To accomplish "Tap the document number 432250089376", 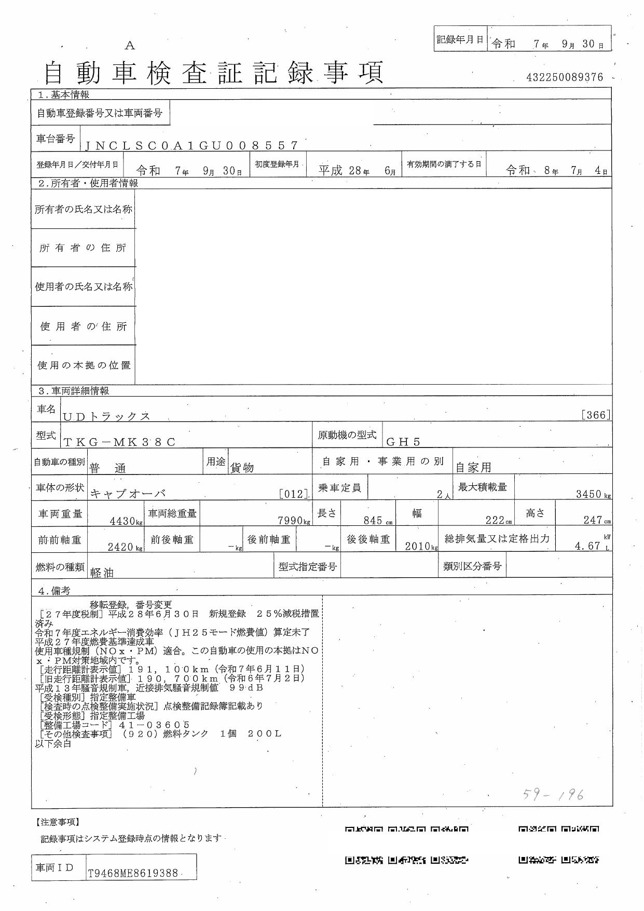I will [x=565, y=77].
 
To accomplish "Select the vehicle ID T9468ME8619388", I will [x=133, y=873].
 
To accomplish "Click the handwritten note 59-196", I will [x=553, y=794].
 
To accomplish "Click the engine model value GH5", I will [x=403, y=442].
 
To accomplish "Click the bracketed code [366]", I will [x=596, y=415].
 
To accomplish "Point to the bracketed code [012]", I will [x=294, y=494].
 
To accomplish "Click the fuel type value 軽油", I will [x=102, y=573].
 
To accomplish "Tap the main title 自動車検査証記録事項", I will [x=213, y=73].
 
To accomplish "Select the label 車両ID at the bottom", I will [x=54, y=868].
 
